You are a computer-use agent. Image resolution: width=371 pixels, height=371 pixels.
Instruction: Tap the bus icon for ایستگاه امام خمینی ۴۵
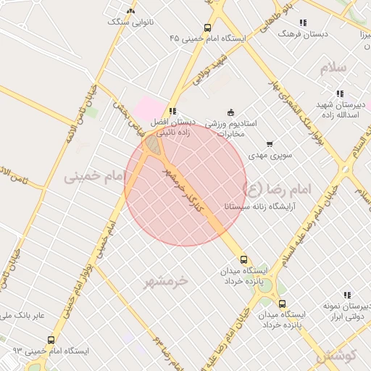[208, 28]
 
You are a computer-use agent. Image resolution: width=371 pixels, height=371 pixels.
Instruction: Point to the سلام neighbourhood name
[333, 67]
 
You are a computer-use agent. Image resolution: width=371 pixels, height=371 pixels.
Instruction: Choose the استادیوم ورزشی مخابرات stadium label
[231, 128]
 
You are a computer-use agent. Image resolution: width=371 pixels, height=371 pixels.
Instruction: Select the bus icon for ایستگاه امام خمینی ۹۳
[51, 339]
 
